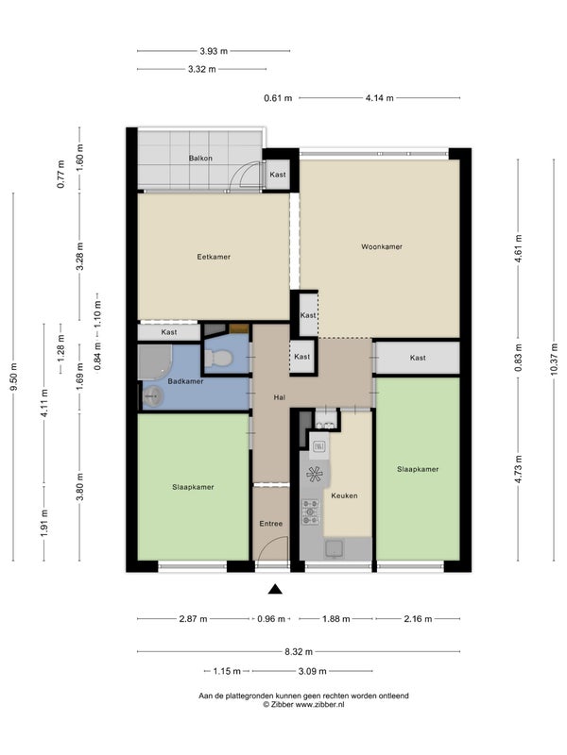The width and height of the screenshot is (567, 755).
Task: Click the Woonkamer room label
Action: click(x=382, y=246)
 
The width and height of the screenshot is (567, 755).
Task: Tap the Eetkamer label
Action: click(x=214, y=257)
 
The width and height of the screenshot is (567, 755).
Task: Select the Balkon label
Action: click(x=200, y=158)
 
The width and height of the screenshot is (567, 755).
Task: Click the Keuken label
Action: click(x=344, y=495)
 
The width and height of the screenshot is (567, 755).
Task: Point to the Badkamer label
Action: click(x=185, y=381)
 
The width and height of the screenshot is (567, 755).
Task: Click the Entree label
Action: click(x=271, y=524)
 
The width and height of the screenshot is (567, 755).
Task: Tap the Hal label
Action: click(x=279, y=397)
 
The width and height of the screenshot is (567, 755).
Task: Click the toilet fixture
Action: click(x=218, y=359)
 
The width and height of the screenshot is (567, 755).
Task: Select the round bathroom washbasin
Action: click(x=153, y=396)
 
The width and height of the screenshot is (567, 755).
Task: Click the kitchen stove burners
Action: click(x=310, y=512)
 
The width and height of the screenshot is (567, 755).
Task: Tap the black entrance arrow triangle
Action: click(x=275, y=589)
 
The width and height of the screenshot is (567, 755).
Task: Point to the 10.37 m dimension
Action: click(x=555, y=360)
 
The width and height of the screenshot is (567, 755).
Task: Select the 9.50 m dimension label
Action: click(x=13, y=377)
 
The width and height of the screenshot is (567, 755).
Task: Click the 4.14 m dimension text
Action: click(x=380, y=98)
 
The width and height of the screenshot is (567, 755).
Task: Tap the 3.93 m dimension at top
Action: click(x=214, y=51)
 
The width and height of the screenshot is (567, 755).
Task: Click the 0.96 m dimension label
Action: click(x=271, y=619)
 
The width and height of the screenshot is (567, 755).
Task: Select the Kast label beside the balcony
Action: click(x=278, y=175)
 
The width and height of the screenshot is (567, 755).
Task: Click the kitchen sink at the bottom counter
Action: click(x=334, y=548)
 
